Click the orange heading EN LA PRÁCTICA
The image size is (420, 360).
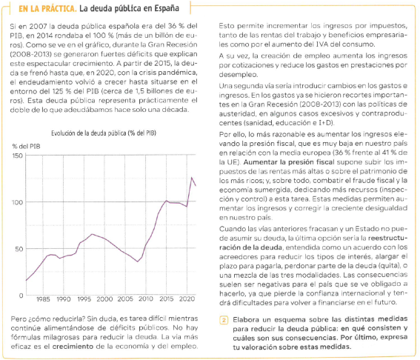tap(47, 9)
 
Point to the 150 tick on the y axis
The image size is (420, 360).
tap(18, 156)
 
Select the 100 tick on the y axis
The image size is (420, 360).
tap(18, 202)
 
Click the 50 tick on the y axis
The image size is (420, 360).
tap(19, 249)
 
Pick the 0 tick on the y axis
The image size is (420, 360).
tap(21, 296)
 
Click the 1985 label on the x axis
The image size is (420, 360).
tap(43, 299)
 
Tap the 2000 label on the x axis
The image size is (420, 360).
tap(104, 299)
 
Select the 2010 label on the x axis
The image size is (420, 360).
tap(146, 299)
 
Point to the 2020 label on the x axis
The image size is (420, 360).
tap(187, 299)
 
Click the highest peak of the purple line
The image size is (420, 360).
tap(192, 177)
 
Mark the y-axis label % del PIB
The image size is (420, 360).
tap(26, 146)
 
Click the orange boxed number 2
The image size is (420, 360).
tap(224, 320)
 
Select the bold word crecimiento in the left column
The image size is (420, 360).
tap(73, 347)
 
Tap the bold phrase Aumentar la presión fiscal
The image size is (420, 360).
tap(289, 162)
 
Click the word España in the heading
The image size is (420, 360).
tap(167, 9)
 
